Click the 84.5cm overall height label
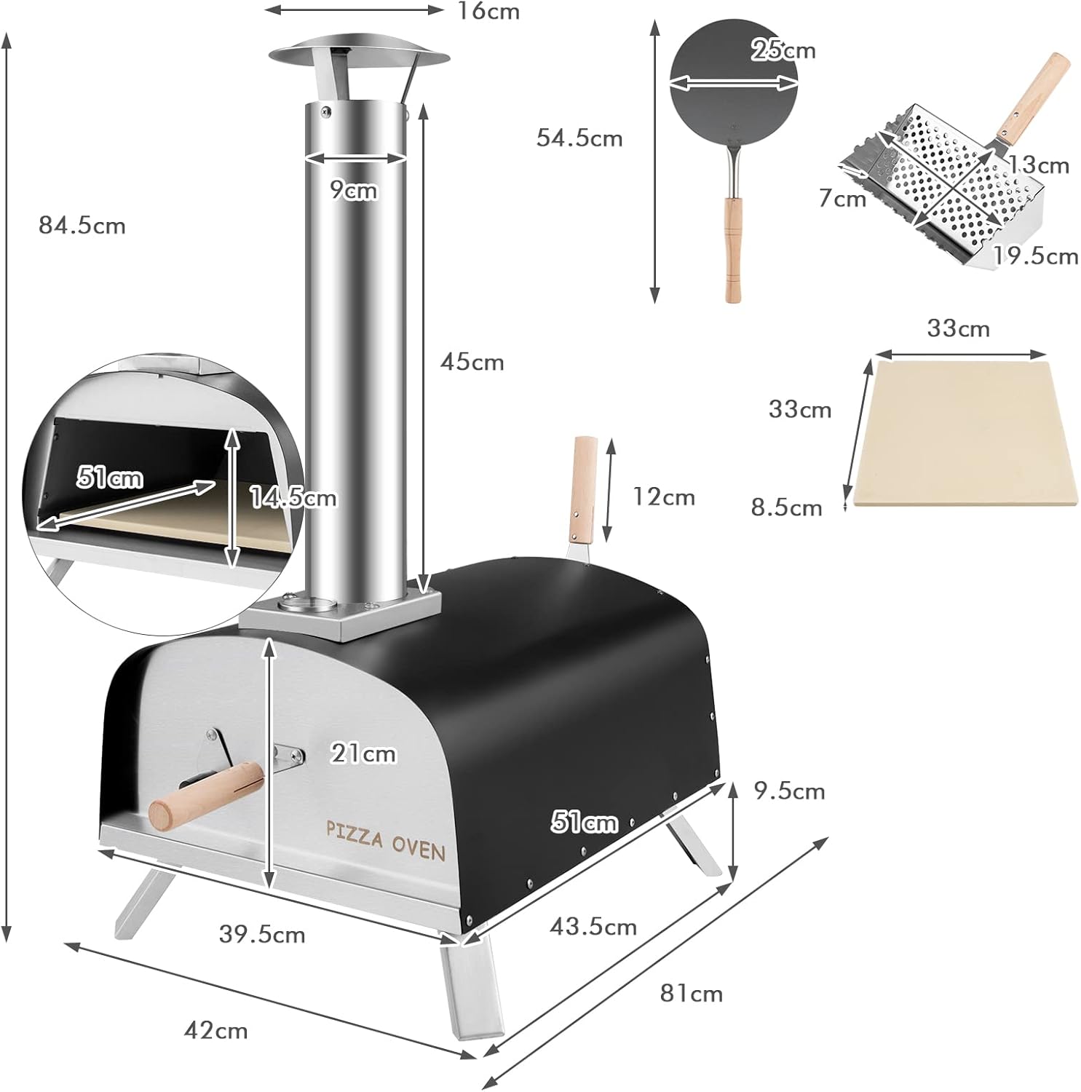(x=82, y=226)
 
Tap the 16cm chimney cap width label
(x=488, y=12)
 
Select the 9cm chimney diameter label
(x=354, y=190)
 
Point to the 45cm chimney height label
(x=472, y=363)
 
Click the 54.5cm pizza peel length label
(x=579, y=138)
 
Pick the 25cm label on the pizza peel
(x=783, y=50)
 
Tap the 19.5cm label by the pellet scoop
(x=1036, y=256)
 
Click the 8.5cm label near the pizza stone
(x=787, y=507)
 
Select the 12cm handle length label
(x=663, y=497)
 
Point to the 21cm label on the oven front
(x=363, y=753)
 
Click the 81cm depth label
(x=691, y=994)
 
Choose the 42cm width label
(x=216, y=1031)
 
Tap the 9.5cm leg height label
(x=789, y=791)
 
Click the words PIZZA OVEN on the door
(x=385, y=840)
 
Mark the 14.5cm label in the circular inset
(x=293, y=499)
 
